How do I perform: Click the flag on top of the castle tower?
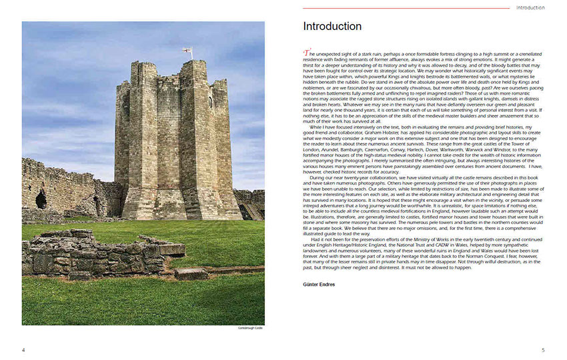coord(187,51)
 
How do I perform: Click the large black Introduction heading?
coord(332,27)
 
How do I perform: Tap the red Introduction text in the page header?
coord(530,8)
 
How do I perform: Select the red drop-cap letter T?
coord(306,53)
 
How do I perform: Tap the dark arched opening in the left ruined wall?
coord(41,199)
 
